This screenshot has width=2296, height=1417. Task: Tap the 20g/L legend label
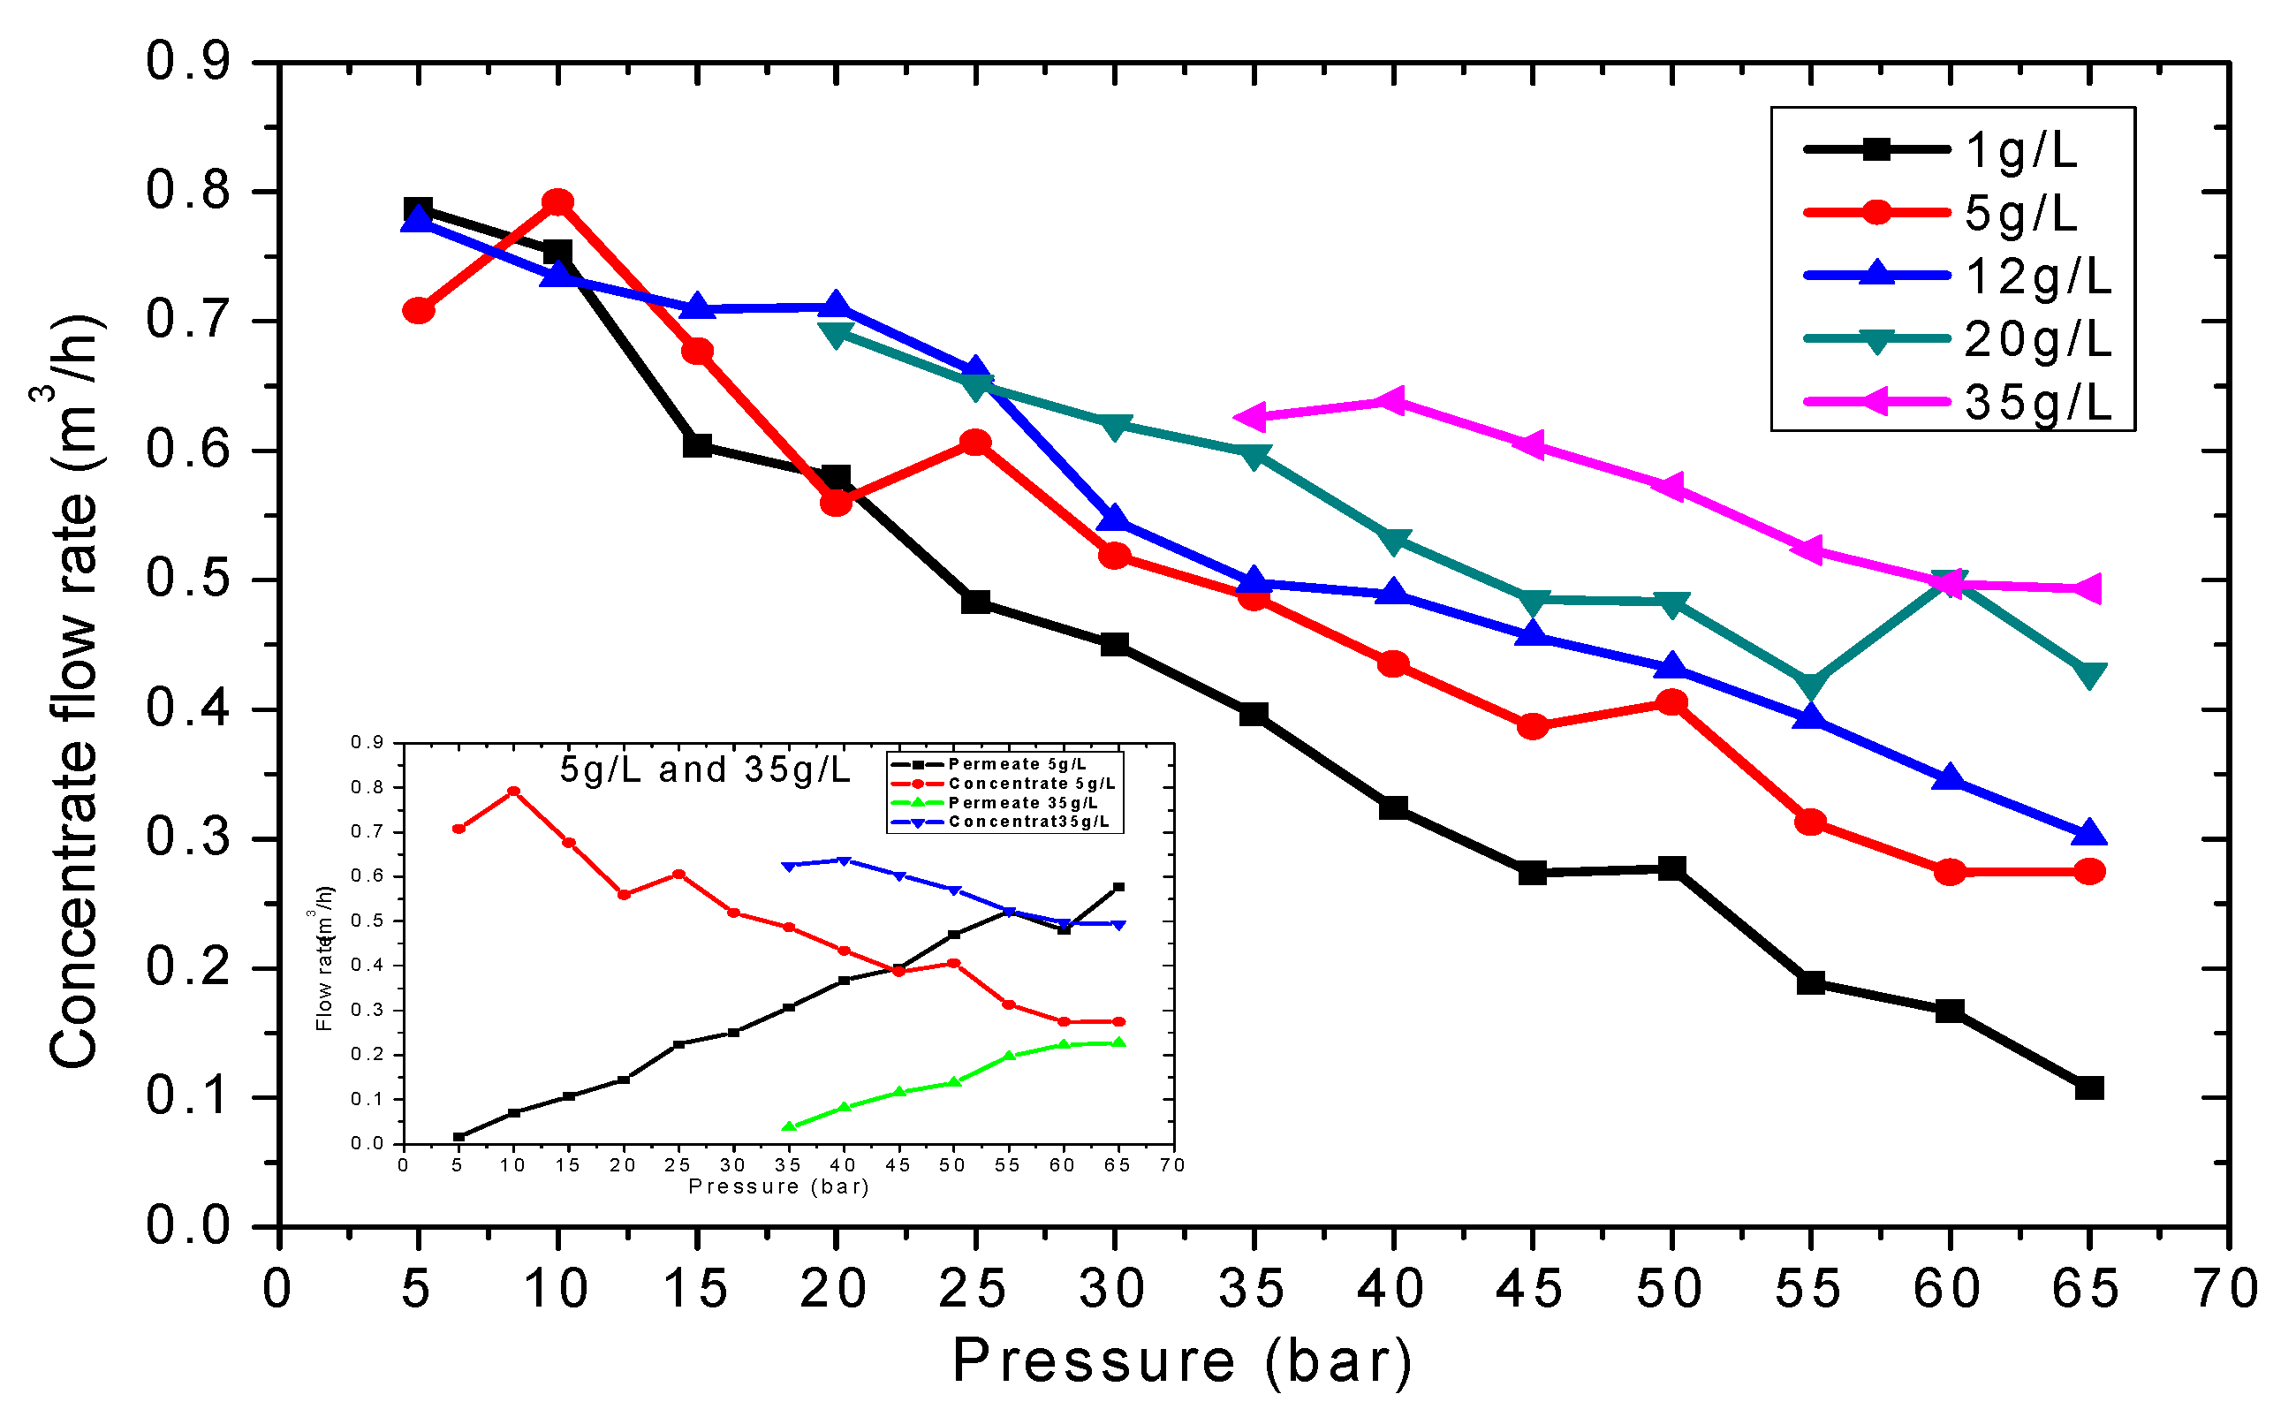click(2037, 339)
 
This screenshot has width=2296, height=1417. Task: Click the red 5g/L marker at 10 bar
click(558, 202)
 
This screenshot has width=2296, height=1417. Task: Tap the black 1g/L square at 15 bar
click(697, 445)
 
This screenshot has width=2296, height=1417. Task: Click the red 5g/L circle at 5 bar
click(419, 310)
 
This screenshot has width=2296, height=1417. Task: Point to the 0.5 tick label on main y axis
click(187, 580)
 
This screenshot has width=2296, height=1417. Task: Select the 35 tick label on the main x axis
click(1253, 1290)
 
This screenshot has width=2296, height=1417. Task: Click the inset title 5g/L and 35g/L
click(705, 769)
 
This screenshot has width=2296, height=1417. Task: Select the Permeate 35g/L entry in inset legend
click(1021, 803)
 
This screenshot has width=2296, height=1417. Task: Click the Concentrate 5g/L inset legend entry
click(1031, 784)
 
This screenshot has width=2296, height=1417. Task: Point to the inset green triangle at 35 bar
click(789, 1126)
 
